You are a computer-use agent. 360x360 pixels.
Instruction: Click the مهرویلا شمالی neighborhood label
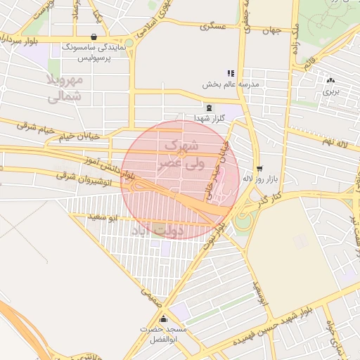click(65, 89)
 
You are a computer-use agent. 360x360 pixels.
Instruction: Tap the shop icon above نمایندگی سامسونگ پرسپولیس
click(94, 37)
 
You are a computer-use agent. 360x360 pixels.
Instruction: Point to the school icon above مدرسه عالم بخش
click(230, 73)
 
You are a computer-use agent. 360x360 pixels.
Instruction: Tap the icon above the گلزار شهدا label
click(209, 108)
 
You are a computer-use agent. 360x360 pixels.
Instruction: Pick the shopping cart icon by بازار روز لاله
click(260, 168)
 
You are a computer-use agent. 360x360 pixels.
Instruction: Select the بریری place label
click(330, 91)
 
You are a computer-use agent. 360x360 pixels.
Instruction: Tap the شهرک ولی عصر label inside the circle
click(181, 153)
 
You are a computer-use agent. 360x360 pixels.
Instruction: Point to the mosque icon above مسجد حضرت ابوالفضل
click(163, 319)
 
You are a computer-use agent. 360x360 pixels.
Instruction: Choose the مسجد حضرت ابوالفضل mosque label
click(162, 333)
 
